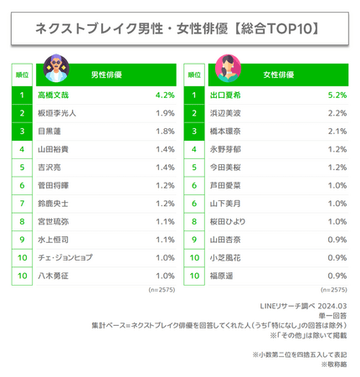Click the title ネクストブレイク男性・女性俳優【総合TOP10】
177,28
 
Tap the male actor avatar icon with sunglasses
56,68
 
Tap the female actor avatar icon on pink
228,68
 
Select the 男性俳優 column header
106,75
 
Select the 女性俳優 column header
279,75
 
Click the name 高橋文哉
54,96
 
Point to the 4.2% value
165,96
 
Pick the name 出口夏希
225,96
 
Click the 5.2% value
337,96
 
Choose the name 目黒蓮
49,132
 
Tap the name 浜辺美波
225,113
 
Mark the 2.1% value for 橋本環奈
337,132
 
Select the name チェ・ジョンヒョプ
65,257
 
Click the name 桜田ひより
228,221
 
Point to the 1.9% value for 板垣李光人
165,113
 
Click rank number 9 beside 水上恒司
22,240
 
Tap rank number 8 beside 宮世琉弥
22,221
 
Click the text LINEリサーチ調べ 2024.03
303,306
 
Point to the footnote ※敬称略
334,364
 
